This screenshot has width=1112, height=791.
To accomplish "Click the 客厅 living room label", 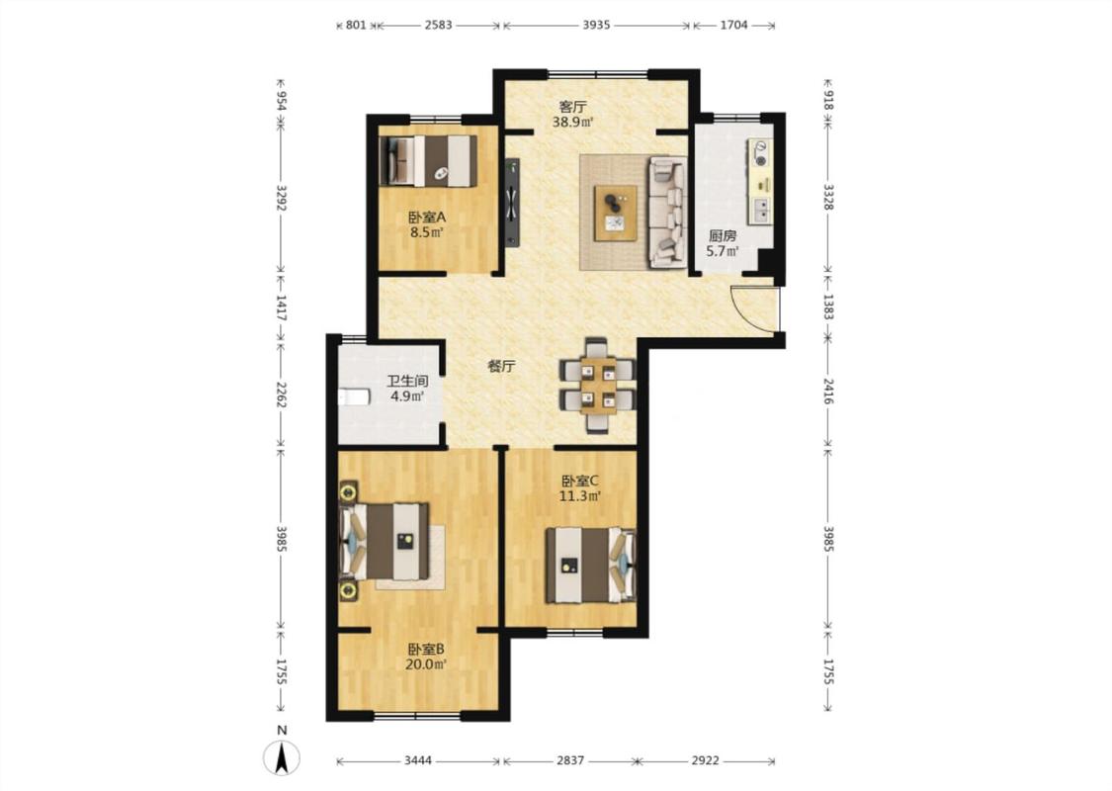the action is pyautogui.click(x=573, y=107).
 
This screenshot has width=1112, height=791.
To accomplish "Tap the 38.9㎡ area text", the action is pyautogui.click(x=573, y=122).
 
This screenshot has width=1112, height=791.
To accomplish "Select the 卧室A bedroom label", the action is pyautogui.click(x=427, y=218).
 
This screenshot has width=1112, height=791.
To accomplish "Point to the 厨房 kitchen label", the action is pyautogui.click(x=723, y=235).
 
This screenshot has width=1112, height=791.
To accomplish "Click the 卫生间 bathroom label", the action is pyautogui.click(x=407, y=382).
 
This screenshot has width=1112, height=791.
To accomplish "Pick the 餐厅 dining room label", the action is pyautogui.click(x=501, y=367).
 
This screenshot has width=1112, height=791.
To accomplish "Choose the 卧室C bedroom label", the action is pyautogui.click(x=580, y=481).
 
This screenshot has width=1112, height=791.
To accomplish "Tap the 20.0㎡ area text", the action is pyautogui.click(x=426, y=664).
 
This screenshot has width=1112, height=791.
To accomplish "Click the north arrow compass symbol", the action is pyautogui.click(x=282, y=757).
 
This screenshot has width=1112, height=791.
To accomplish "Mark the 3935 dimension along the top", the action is pyautogui.click(x=596, y=25).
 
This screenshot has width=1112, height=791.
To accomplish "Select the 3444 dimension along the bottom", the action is pyautogui.click(x=418, y=760).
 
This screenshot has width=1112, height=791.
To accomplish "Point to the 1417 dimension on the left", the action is pyautogui.click(x=282, y=308).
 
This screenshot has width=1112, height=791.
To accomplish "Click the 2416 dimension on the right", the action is pyautogui.click(x=828, y=391).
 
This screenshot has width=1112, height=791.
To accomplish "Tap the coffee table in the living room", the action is pyautogui.click(x=616, y=213).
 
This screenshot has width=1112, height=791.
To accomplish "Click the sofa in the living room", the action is pyautogui.click(x=668, y=213).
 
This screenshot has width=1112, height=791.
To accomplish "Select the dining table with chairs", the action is pyautogui.click(x=597, y=386).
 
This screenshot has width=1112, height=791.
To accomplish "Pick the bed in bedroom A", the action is pyautogui.click(x=428, y=160).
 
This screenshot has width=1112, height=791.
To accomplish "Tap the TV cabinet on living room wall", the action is pyautogui.click(x=512, y=203).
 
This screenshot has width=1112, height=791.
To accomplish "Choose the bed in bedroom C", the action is pyautogui.click(x=590, y=565).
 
